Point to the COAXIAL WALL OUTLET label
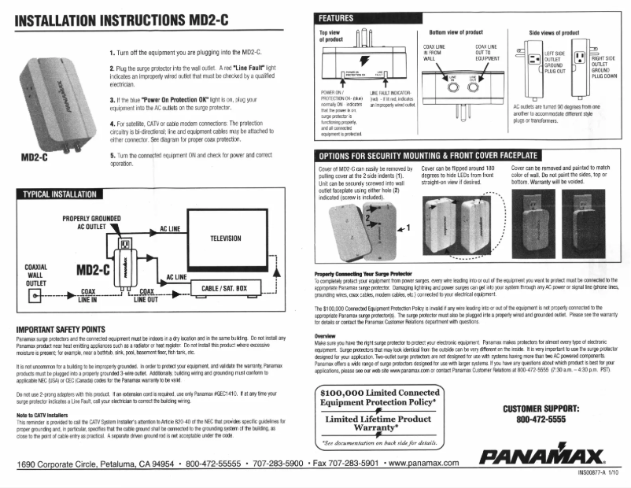(36, 275)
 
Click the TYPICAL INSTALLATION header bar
(59, 194)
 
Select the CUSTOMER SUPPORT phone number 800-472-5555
(541, 420)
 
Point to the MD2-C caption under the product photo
(34, 156)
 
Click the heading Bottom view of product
(456, 33)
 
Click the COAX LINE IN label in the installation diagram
(87, 295)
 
